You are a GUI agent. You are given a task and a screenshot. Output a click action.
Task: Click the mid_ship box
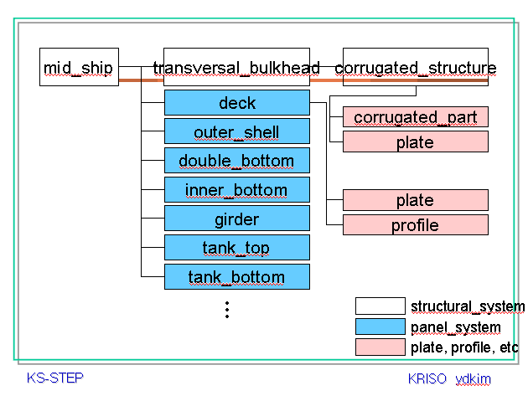(x=79, y=67)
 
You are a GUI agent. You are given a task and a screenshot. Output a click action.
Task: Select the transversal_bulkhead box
(x=236, y=67)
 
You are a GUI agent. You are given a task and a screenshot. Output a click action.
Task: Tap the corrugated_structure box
(x=416, y=67)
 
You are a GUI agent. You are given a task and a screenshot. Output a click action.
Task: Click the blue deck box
(x=237, y=103)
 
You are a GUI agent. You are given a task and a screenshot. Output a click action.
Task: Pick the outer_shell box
(x=237, y=131)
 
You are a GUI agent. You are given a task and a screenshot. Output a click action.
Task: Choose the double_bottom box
(x=237, y=161)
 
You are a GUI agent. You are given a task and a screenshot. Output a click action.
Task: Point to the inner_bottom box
(x=237, y=190)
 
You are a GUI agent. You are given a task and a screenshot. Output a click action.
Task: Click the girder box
(x=237, y=219)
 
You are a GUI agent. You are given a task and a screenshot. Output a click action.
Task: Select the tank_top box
(x=237, y=248)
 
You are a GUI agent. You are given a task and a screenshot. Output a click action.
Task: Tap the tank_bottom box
(x=237, y=276)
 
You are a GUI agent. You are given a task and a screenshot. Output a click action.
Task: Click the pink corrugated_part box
(x=416, y=117)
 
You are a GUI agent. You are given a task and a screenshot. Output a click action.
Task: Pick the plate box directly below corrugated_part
(x=416, y=141)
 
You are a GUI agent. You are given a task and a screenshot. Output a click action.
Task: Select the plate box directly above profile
(x=416, y=200)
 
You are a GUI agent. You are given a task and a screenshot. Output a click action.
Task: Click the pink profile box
(x=416, y=224)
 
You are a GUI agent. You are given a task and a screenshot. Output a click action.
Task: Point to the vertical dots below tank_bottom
(x=227, y=310)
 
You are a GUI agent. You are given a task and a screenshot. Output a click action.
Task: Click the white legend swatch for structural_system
(x=380, y=306)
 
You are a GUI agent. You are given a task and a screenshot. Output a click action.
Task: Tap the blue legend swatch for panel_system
(x=380, y=327)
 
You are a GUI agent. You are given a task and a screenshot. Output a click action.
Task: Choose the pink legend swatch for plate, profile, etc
(x=380, y=347)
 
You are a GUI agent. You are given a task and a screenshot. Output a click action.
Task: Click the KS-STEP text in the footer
(x=54, y=378)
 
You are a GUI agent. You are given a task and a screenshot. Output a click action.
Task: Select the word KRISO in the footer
(x=427, y=379)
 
